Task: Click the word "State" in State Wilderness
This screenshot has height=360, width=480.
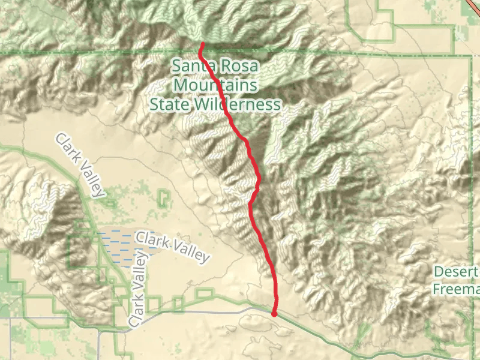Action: point(169,105)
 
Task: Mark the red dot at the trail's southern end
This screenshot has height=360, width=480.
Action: point(274,313)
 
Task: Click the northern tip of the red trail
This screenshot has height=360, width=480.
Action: point(203,44)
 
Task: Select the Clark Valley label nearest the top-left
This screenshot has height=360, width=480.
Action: point(79,165)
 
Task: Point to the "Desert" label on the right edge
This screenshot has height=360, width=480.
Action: point(456,272)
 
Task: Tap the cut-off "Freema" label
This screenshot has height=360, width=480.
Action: point(456,289)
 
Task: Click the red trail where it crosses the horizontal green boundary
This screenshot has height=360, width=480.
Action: point(200,53)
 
